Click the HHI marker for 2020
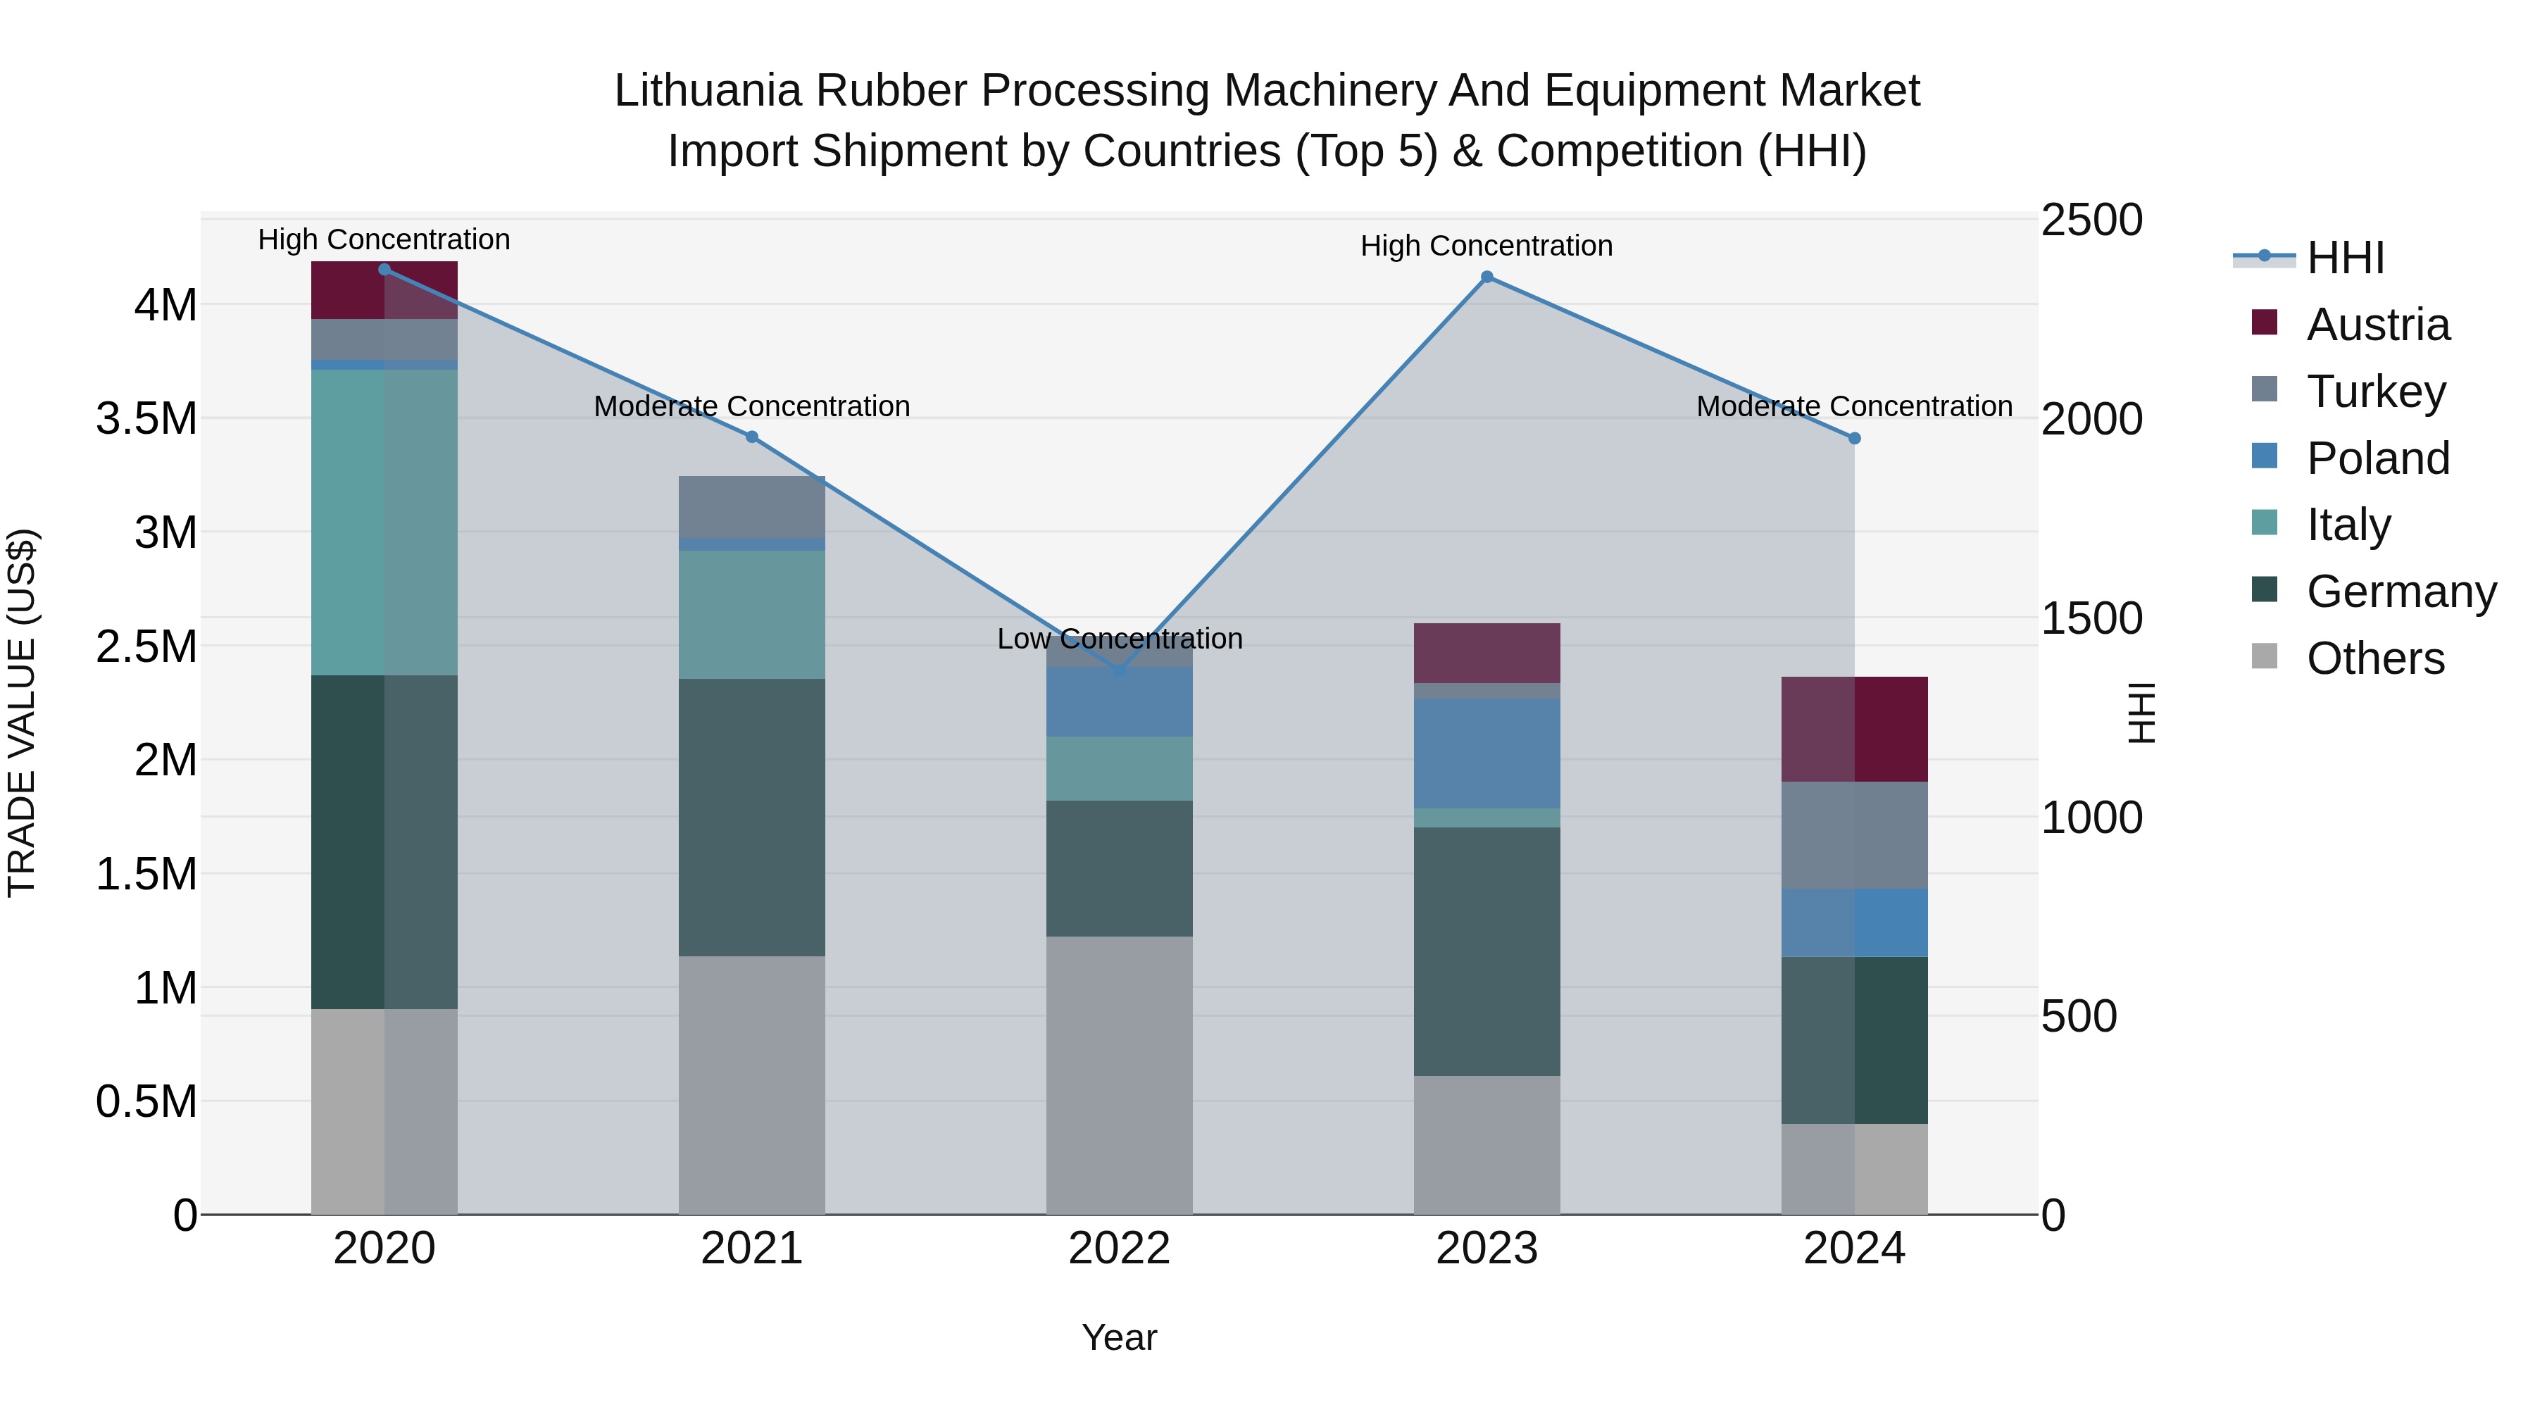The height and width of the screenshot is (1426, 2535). [384, 270]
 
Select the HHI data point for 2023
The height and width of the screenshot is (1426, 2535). [1487, 277]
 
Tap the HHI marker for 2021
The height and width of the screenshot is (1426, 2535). [752, 437]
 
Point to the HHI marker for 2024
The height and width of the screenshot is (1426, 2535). [1854, 439]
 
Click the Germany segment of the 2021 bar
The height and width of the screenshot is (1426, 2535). [752, 817]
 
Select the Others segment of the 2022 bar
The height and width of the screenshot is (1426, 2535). [1119, 1075]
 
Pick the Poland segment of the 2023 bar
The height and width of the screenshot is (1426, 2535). [1487, 753]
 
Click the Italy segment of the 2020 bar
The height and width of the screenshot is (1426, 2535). [384, 522]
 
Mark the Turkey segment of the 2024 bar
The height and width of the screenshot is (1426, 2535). [1854, 834]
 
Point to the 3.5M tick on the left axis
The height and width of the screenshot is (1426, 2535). [146, 419]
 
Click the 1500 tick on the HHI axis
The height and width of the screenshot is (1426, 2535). [2091, 619]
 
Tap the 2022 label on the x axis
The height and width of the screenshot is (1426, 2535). [1119, 1249]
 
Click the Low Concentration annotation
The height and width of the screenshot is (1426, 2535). [1120, 639]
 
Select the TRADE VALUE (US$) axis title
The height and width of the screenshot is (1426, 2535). [23, 713]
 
